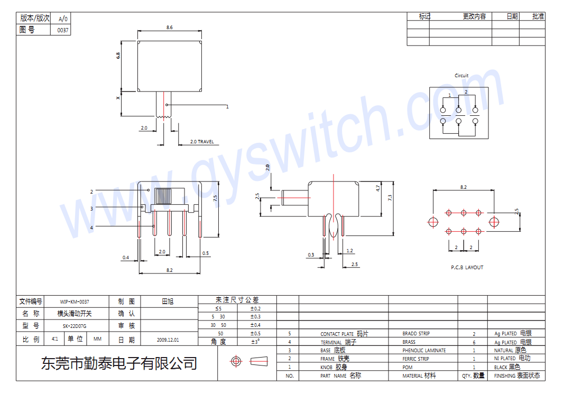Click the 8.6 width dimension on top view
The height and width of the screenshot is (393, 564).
coord(169,27)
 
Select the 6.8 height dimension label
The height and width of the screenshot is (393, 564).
coord(118,56)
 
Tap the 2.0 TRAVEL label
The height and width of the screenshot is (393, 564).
coord(202,142)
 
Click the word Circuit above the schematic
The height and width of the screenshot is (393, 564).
coord(461,76)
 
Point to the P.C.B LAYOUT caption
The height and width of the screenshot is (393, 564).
coord(467,267)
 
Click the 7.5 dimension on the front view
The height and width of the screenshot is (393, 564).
coord(215,198)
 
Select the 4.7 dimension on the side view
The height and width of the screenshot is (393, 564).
coord(378,188)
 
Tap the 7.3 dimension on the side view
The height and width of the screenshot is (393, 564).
coord(390,198)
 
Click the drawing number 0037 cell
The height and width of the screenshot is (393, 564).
coord(62,30)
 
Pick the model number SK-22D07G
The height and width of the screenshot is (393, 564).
coord(75,326)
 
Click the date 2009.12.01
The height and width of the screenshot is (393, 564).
coord(168,340)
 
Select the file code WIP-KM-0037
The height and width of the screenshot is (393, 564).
coord(75,301)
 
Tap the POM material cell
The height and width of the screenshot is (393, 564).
coord(407,367)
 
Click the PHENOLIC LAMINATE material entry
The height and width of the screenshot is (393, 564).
coord(424,350)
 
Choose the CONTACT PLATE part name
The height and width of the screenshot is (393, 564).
coord(337,334)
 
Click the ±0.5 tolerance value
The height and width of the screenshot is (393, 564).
coord(255,333)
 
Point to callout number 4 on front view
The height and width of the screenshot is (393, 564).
coord(91,227)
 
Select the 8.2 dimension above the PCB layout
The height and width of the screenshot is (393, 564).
coord(464,187)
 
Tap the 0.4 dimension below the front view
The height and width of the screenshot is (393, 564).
coord(125,258)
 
